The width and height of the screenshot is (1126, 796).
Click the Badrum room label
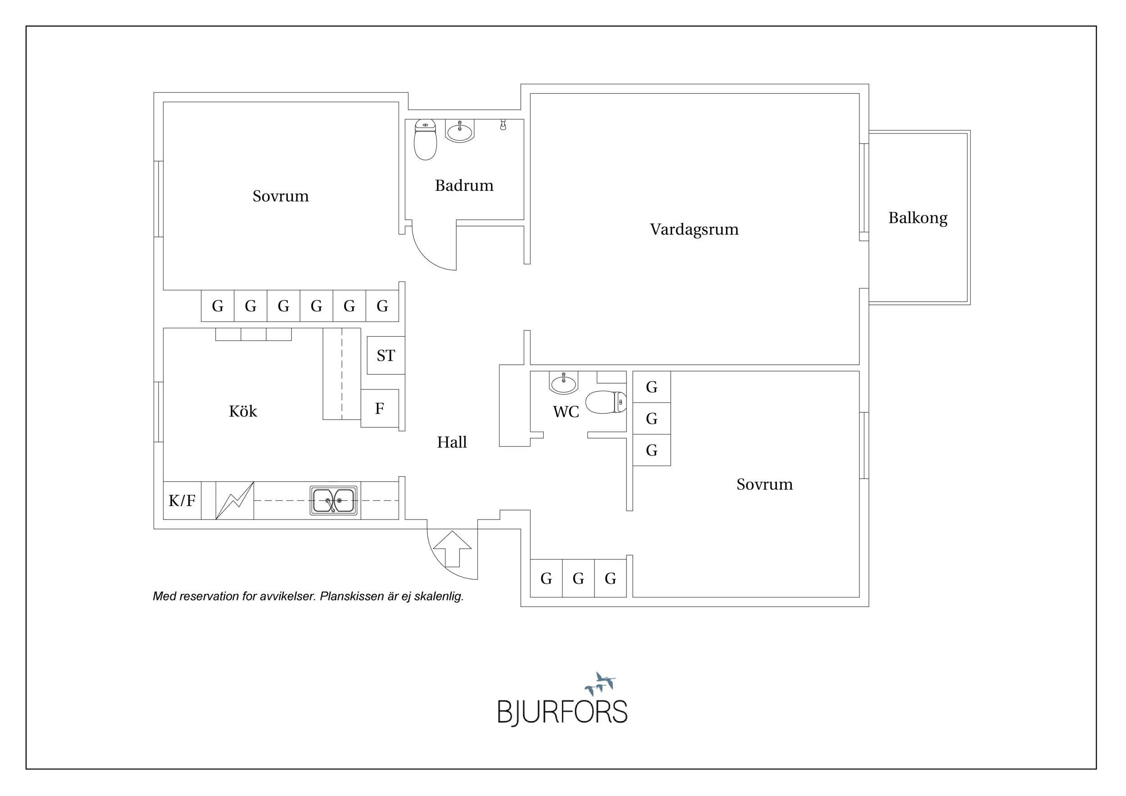[x=464, y=185]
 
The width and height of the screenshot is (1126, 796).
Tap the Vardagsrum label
[x=694, y=229]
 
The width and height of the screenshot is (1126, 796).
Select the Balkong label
[x=917, y=218]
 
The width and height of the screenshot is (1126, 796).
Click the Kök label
[x=243, y=411]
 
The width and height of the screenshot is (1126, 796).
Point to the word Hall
[x=452, y=442]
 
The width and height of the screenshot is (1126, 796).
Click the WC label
[x=566, y=412]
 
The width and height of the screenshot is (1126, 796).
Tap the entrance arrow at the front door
[x=452, y=548]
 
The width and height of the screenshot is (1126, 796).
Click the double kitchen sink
[x=333, y=501]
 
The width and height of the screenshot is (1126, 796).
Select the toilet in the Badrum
[x=425, y=140]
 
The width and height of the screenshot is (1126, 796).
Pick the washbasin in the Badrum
[x=460, y=131]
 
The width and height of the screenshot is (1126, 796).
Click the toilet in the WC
[x=606, y=402]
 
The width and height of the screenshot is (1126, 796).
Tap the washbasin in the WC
[x=563, y=383]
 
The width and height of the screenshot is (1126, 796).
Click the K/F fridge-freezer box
[x=182, y=501]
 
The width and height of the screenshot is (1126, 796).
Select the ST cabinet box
[x=386, y=355]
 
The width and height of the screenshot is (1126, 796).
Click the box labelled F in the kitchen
[x=380, y=408]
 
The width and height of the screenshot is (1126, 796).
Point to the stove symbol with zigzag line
[x=235, y=501]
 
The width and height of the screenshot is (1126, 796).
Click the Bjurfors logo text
[x=563, y=712]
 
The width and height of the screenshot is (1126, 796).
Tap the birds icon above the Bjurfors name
[x=600, y=683]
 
